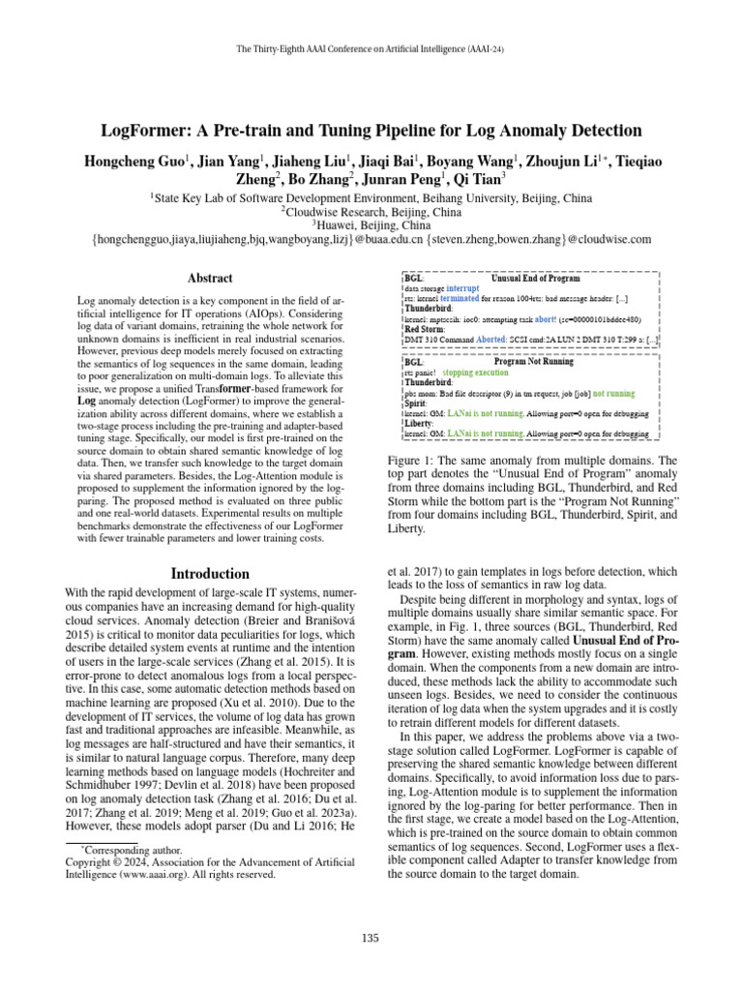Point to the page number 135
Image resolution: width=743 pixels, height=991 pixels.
pyautogui.click(x=371, y=937)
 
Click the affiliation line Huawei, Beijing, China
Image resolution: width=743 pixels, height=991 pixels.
pyautogui.click(x=371, y=225)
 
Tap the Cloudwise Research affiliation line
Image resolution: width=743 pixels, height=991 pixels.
pyautogui.click(x=371, y=210)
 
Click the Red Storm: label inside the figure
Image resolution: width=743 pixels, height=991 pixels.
pyautogui.click(x=420, y=329)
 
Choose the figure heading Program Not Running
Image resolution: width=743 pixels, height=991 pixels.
pyautogui.click(x=533, y=361)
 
